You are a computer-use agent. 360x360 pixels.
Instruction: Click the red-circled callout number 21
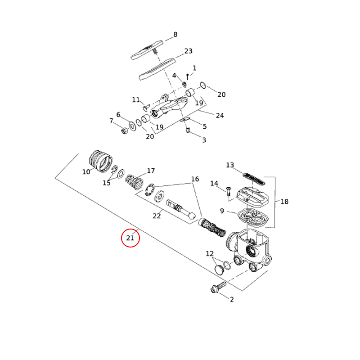pos(130,238)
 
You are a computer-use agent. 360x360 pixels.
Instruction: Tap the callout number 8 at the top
pos(175,34)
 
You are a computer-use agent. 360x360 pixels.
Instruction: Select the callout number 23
pos(188,51)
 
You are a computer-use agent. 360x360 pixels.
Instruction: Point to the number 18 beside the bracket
pos(284,202)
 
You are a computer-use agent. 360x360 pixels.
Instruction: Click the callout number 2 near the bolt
pos(232,299)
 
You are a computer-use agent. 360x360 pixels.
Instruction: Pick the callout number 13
pos(230,165)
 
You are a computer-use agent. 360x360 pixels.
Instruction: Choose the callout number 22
pos(157,216)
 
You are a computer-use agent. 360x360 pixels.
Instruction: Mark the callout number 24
pos(220,115)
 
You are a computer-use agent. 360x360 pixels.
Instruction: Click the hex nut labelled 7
pos(125,131)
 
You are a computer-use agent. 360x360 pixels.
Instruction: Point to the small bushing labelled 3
pos(189,131)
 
